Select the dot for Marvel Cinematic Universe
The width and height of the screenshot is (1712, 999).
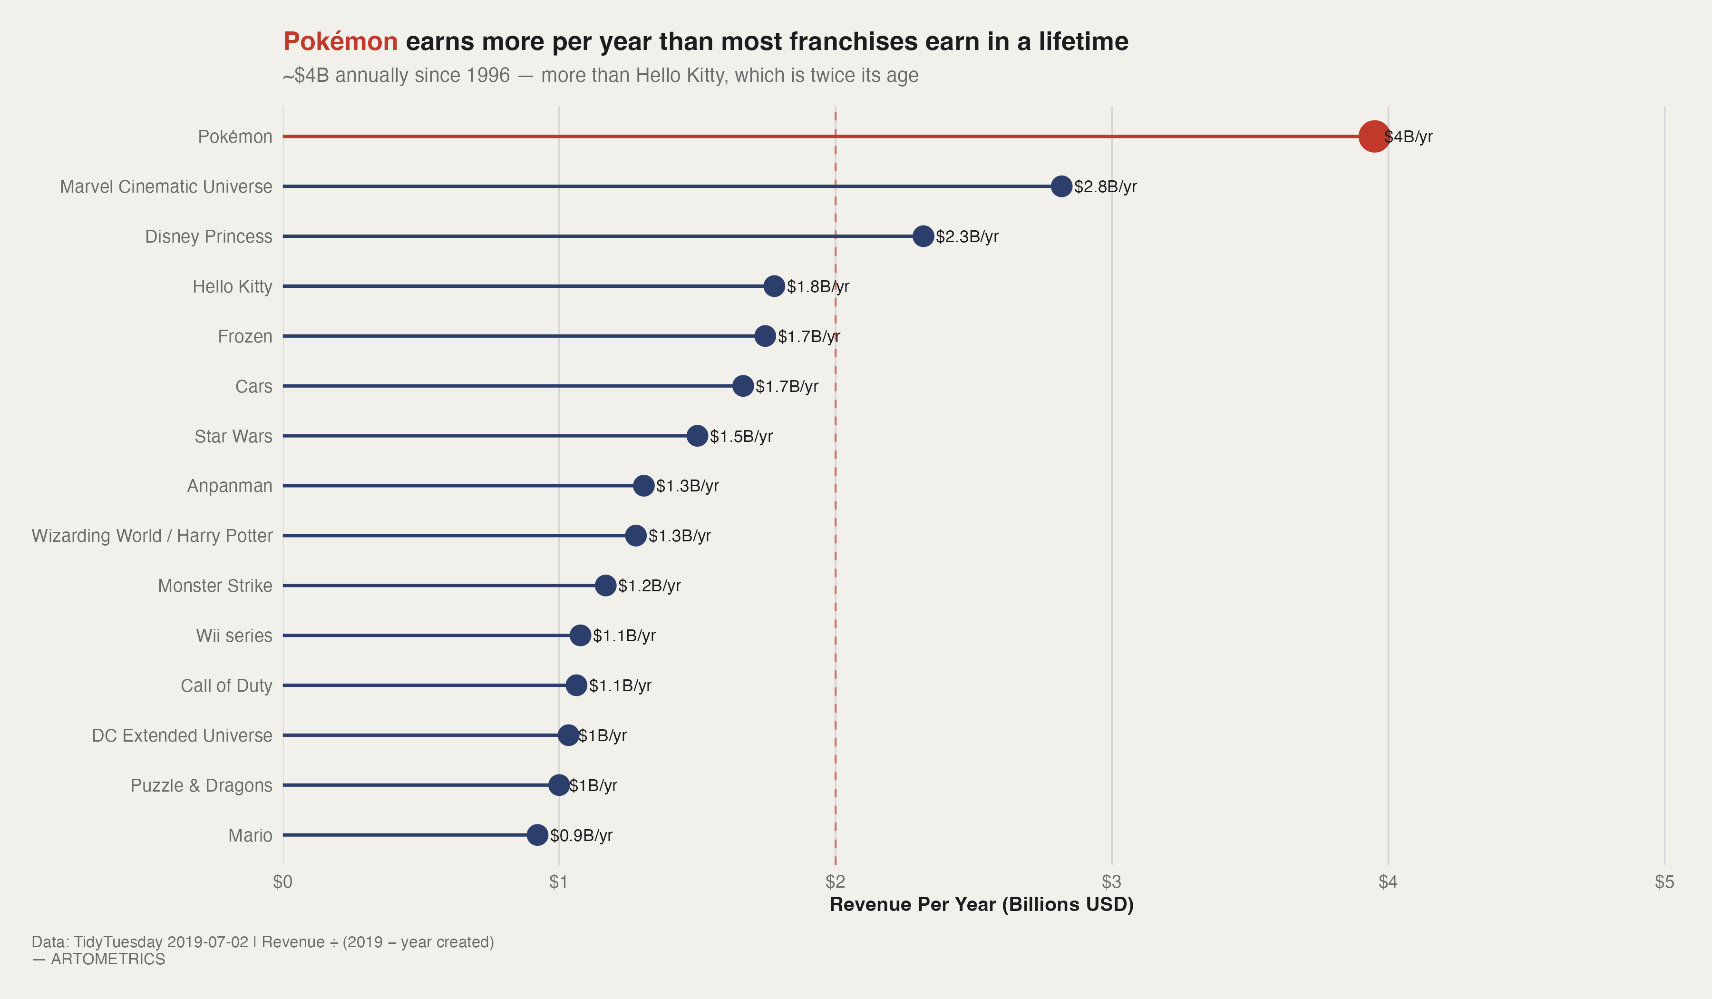click(x=1061, y=186)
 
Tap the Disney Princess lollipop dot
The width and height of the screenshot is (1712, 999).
click(x=923, y=236)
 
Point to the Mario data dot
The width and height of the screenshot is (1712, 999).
click(x=537, y=835)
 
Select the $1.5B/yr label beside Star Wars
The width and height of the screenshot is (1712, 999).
click(x=741, y=436)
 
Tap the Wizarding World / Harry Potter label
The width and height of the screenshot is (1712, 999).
click(x=152, y=536)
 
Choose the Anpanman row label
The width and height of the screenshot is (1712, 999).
click(x=230, y=486)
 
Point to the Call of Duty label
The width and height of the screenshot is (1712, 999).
click(x=226, y=686)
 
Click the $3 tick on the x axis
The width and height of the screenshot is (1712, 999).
click(x=1111, y=882)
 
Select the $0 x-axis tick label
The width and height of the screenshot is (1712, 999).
click(x=282, y=882)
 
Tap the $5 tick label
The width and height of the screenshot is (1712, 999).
click(x=1664, y=882)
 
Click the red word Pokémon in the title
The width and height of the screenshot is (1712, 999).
click(x=340, y=41)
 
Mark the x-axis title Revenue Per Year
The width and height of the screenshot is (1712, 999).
click(x=981, y=904)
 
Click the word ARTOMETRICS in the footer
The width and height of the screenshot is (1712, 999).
click(x=108, y=959)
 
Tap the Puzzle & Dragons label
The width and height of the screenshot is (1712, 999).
click(x=201, y=785)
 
